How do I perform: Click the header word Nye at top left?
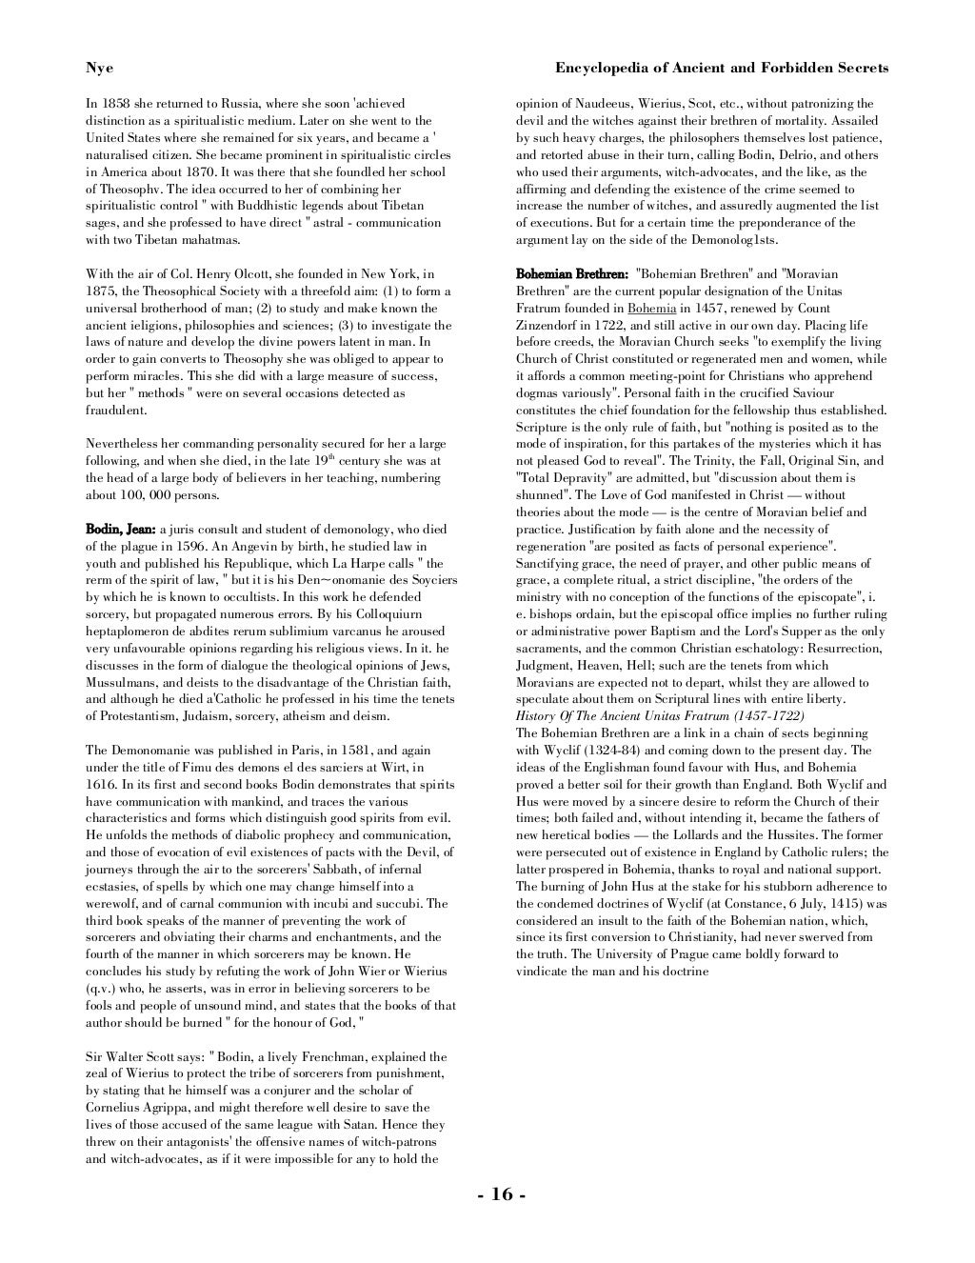[x=99, y=68]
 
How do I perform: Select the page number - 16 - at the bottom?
[x=501, y=1194]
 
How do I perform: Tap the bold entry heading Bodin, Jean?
[x=120, y=530]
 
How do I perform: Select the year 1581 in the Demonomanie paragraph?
[x=352, y=751]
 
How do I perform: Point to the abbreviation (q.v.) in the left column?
[x=101, y=988]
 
